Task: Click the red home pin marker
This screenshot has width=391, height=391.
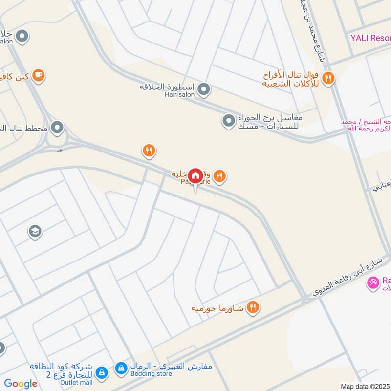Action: tap(195, 175)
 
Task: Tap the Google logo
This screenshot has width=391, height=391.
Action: tap(21, 384)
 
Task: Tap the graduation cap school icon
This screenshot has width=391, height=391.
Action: tap(35, 230)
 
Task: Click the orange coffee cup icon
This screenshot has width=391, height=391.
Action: tap(39, 75)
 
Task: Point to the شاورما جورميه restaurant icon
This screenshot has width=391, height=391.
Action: tap(253, 307)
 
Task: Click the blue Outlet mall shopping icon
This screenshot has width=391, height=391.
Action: tap(101, 372)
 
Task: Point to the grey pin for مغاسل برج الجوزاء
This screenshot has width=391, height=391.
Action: tap(228, 120)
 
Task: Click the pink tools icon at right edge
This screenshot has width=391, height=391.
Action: tap(373, 282)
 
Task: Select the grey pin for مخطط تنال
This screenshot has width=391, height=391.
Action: tap(58, 128)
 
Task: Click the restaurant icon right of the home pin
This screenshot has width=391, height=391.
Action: tap(219, 175)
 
